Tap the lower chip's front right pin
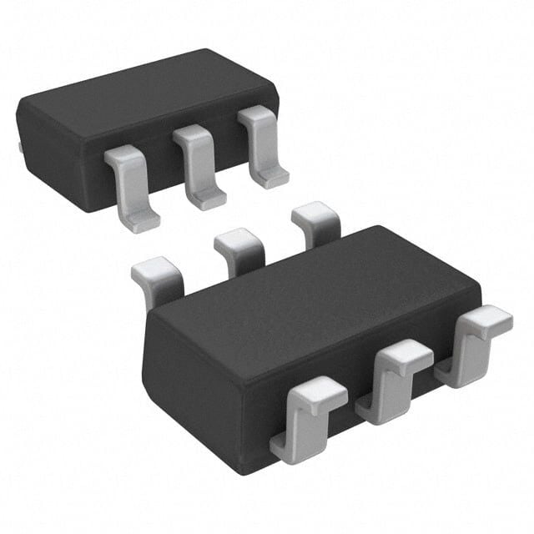(x=476, y=342)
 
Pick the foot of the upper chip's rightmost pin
(x=270, y=176)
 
